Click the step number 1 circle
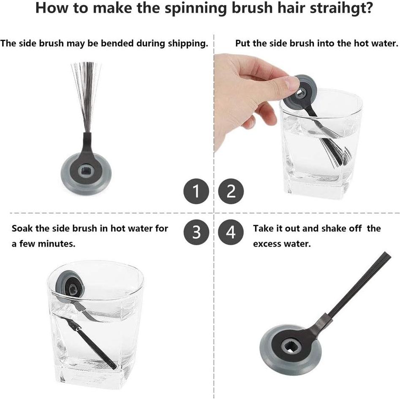pyautogui.click(x=196, y=191)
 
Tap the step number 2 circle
pyautogui.click(x=231, y=191)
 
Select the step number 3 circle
pyautogui.click(x=196, y=232)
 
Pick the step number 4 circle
pyautogui.click(x=231, y=232)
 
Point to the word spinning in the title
pyautogui.click(x=196, y=8)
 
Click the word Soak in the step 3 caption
pyautogui.click(x=22, y=229)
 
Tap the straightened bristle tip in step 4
pyautogui.click(x=386, y=255)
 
